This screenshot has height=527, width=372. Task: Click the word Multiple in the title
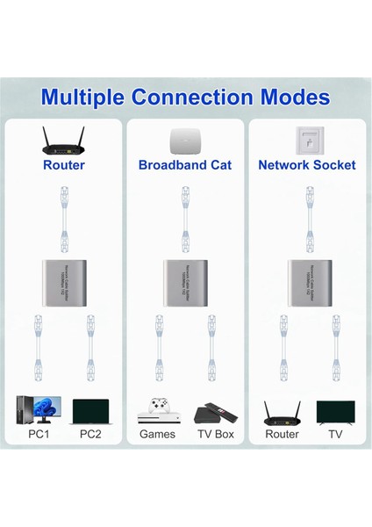pyautogui.click(x=86, y=97)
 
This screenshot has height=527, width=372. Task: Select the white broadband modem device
pyautogui.click(x=185, y=139)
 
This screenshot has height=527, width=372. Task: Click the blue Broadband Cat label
pyautogui.click(x=185, y=165)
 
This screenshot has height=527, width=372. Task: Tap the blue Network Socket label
pyautogui.click(x=307, y=165)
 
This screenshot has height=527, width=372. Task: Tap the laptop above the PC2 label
pyautogui.click(x=91, y=413)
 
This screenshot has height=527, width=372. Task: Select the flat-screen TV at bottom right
pyautogui.click(x=335, y=412)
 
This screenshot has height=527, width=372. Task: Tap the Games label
pyautogui.click(x=158, y=434)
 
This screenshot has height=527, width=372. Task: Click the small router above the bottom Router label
pyautogui.click(x=282, y=412)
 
